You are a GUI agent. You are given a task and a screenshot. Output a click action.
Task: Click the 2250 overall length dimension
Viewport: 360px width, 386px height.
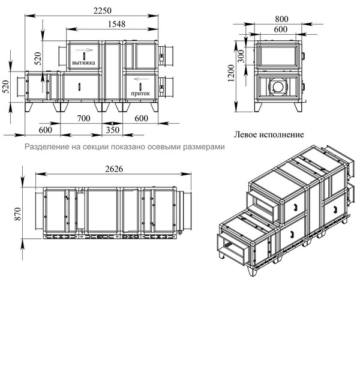[x=103, y=11]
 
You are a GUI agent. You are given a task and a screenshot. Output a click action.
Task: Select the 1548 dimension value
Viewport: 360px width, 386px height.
[x=116, y=24]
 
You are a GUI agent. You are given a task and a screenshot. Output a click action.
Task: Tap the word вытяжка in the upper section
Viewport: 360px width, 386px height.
[x=83, y=62]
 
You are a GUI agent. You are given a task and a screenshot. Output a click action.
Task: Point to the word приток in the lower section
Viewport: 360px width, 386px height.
[x=140, y=93]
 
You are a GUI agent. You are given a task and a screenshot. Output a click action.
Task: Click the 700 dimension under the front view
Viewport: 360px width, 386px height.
[x=83, y=118]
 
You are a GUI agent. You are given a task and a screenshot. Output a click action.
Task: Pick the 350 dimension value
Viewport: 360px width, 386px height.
[x=113, y=130]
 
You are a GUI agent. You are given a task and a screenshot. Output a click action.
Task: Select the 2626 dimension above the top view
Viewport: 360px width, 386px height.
[x=114, y=169]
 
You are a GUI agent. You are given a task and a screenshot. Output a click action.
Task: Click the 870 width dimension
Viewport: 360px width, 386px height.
[x=18, y=214]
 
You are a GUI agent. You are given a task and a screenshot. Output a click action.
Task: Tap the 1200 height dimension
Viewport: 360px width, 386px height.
[x=231, y=73]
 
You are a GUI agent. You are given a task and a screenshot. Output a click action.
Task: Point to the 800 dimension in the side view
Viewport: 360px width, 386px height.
[x=281, y=19]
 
